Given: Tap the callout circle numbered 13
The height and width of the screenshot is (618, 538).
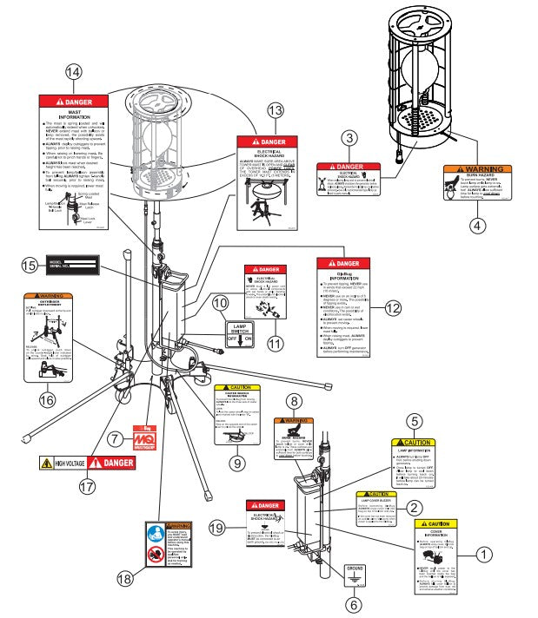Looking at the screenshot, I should [x=276, y=110].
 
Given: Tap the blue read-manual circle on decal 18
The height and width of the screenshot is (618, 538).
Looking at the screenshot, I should [x=157, y=535].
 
